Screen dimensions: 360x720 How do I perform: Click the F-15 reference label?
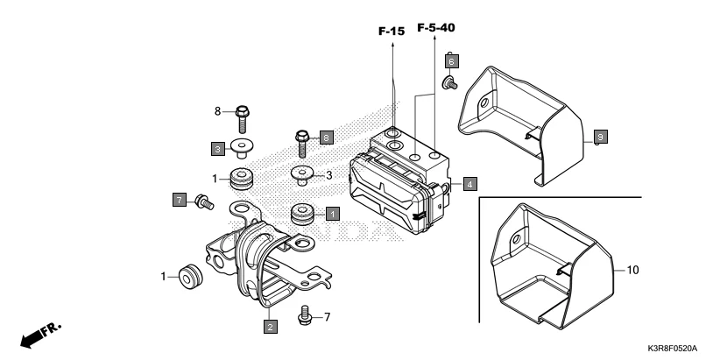(x=392, y=32)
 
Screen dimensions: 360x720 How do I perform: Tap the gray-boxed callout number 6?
(x=450, y=61)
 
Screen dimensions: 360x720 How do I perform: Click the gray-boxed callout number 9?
(x=600, y=138)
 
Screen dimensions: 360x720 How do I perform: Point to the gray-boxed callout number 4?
(x=469, y=184)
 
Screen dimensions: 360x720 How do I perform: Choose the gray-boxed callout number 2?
(x=271, y=327)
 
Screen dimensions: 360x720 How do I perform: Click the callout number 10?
(x=633, y=271)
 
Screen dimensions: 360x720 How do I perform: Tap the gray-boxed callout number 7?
(x=180, y=201)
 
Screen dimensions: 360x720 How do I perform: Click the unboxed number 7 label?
(x=328, y=315)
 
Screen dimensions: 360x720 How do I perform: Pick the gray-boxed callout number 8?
(x=326, y=138)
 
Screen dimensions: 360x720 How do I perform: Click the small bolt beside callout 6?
(x=450, y=83)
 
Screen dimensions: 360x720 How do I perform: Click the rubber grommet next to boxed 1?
(x=302, y=213)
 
